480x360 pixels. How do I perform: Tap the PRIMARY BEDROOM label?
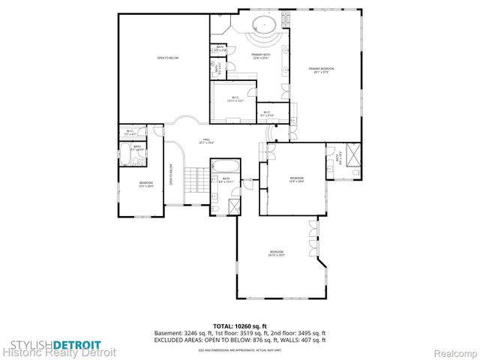tap(322, 70)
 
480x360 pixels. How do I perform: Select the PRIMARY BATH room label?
tap(261, 56)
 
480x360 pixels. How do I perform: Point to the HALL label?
tap(206, 141)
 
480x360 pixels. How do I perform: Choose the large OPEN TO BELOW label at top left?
tap(167, 58)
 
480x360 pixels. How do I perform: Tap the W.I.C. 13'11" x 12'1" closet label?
tap(235, 99)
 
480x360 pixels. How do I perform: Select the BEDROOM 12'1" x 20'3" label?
tap(145, 184)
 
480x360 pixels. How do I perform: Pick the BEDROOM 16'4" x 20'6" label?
tap(297, 179)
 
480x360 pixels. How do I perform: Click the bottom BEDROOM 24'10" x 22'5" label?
tap(277, 253)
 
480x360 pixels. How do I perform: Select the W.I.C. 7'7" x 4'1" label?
tap(130, 133)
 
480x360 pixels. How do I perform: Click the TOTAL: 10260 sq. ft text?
tap(240, 325)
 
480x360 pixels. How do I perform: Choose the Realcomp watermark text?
tap(458, 351)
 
